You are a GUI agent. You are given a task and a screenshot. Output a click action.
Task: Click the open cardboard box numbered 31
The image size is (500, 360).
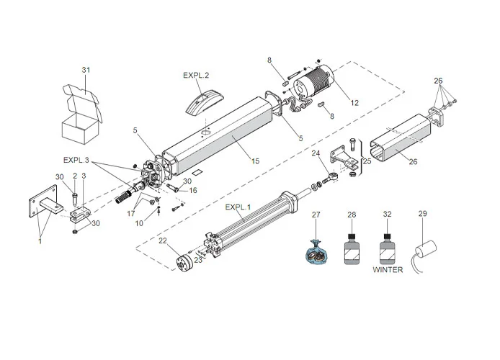(x=82, y=114)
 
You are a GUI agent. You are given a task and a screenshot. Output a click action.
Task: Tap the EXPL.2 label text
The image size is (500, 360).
(x=196, y=75)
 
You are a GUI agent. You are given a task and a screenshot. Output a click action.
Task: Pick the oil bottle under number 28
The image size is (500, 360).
(x=352, y=249)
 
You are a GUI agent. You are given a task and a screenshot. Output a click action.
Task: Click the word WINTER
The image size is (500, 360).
(x=388, y=269)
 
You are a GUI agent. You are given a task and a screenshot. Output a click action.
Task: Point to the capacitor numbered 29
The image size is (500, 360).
(x=425, y=256)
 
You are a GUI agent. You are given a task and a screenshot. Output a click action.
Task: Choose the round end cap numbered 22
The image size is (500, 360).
(x=184, y=263)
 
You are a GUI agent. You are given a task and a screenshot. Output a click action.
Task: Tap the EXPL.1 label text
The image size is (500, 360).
(x=238, y=207)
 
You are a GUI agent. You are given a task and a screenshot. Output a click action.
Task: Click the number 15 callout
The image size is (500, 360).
(x=255, y=161)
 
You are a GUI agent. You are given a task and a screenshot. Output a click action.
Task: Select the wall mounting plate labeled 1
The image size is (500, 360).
(x=43, y=201)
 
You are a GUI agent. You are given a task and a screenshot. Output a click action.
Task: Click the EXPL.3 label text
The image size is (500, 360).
(x=76, y=160)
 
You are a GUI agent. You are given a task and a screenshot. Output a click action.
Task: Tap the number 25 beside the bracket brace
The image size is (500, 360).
(x=367, y=161)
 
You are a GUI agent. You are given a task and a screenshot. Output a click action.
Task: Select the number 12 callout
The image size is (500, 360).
(x=354, y=103)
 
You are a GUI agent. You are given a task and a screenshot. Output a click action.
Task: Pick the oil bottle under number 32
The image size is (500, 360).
(x=388, y=249)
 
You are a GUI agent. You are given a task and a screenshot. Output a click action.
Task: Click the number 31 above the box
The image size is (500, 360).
(x=86, y=70)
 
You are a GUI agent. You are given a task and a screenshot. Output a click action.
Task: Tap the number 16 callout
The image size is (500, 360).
(x=193, y=191)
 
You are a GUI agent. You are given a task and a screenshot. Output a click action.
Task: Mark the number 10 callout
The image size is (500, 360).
(x=139, y=223)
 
